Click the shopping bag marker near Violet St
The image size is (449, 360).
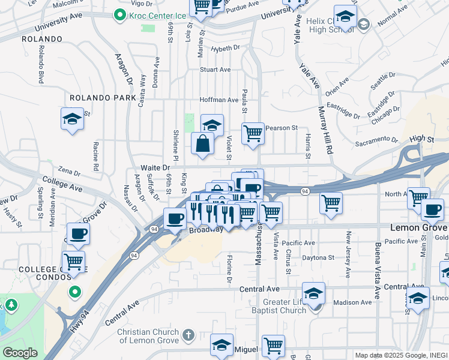tap(203, 144)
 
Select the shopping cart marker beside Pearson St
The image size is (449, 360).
tap(253, 133)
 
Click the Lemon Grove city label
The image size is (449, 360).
tap(419, 228)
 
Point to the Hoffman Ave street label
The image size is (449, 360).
tap(219, 100)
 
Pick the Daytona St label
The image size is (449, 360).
tap(319, 257)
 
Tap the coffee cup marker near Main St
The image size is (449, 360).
tap(432, 210)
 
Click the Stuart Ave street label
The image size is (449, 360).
tap(215, 70)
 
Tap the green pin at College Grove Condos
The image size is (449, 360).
tap(74, 292)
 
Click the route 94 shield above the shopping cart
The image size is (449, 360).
tap(305, 191)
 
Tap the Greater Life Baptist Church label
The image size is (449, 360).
tap(287, 305)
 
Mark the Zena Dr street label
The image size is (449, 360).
tap(69, 172)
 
